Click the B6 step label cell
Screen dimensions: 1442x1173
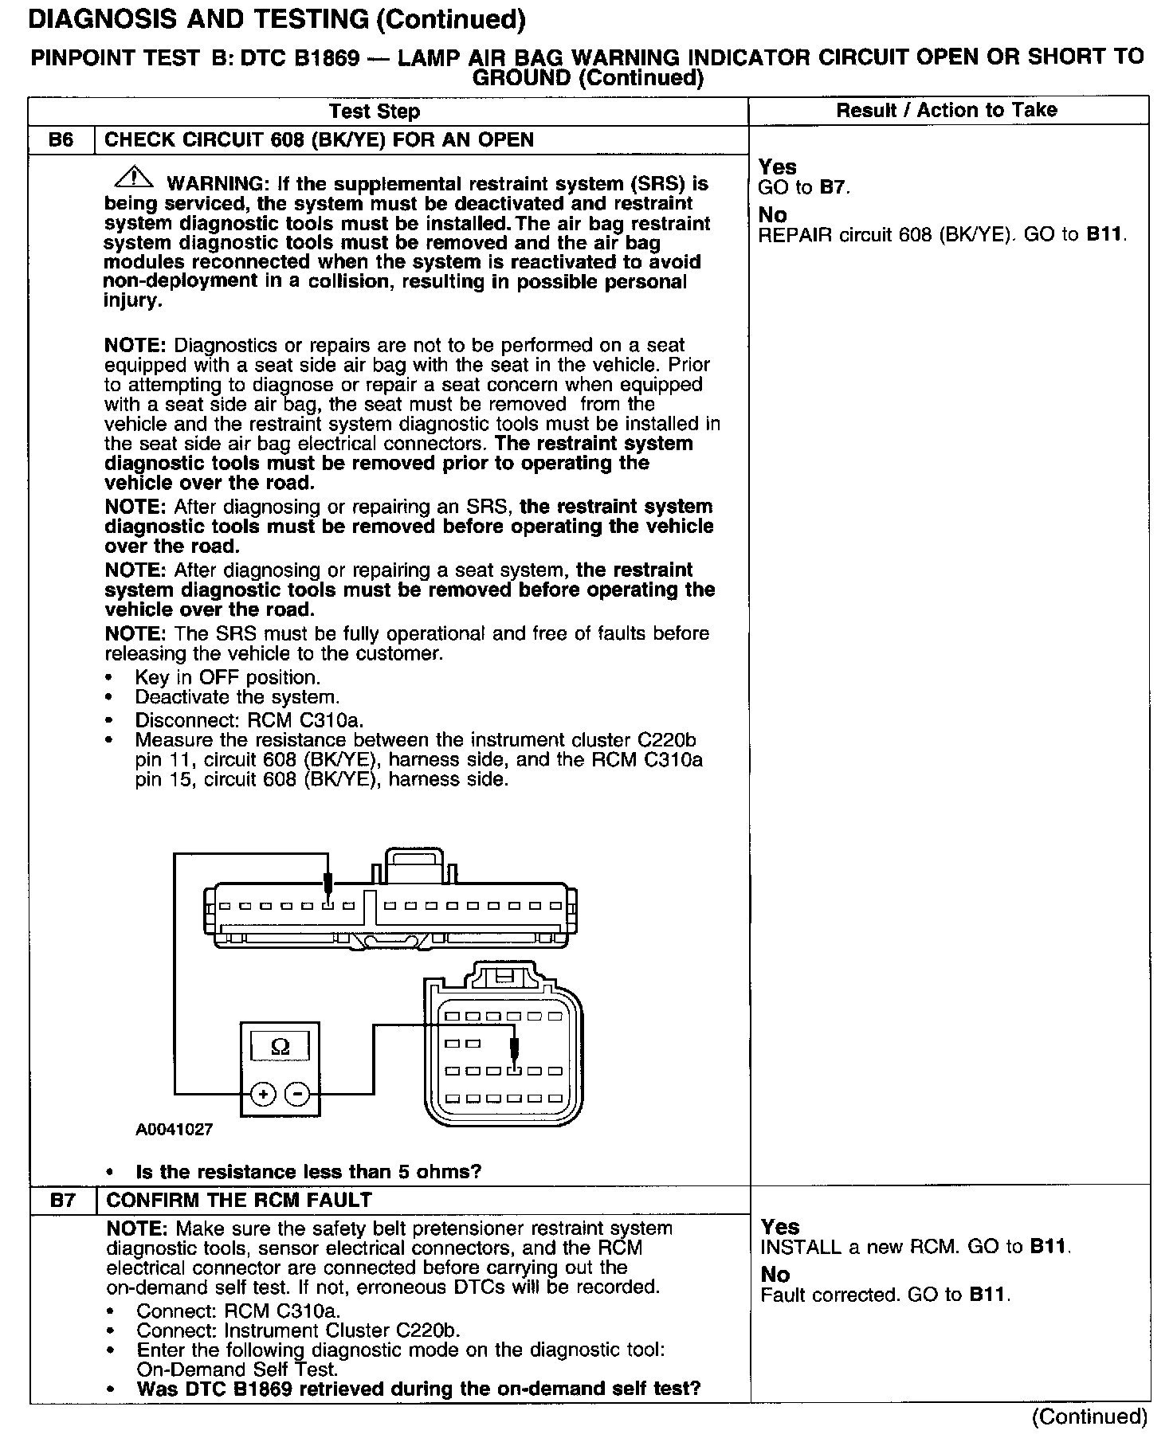coord(61,140)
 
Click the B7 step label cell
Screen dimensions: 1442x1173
coord(62,1200)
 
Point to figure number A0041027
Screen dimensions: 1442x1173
coord(174,1130)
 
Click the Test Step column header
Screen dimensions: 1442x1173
coord(375,112)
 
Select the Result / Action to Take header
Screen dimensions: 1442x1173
coord(947,111)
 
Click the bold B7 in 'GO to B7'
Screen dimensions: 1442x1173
coord(834,188)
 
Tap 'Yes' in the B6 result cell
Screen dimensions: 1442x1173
coord(777,167)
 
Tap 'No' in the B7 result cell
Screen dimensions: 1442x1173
coord(775,1275)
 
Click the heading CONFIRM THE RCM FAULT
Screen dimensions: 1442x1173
coord(239,1200)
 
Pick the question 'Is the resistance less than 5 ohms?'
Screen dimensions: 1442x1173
coord(308,1171)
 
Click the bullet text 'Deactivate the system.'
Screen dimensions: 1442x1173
coord(237,697)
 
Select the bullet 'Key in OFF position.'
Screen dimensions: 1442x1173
coord(227,677)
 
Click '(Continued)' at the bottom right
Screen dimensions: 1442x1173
coord(1089,1416)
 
